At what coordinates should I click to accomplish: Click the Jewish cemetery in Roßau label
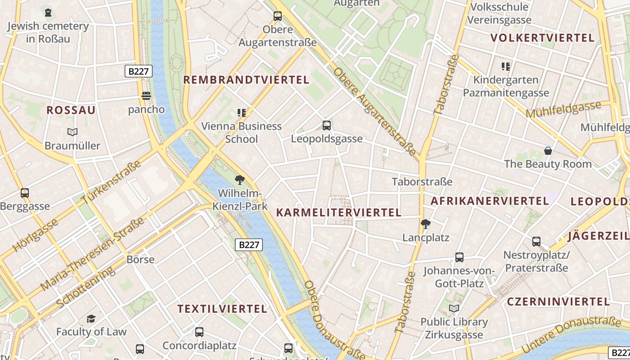tap(48, 32)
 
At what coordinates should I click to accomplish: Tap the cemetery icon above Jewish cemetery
tap(48, 12)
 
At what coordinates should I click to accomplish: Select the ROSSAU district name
tap(71, 110)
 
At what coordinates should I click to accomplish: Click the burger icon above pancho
tap(146, 95)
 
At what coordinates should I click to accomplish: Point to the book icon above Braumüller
tap(72, 132)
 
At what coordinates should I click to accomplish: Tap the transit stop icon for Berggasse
tap(25, 193)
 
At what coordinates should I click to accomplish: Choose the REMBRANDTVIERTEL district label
tap(246, 80)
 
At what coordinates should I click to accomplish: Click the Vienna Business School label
tap(241, 132)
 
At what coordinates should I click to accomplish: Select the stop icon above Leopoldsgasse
tap(327, 126)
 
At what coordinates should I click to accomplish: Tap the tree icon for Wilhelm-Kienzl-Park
tap(240, 180)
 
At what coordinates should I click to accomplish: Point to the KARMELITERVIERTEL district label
tap(338, 212)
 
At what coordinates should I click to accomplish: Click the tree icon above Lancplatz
tap(425, 224)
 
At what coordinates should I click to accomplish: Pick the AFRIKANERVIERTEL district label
tap(490, 201)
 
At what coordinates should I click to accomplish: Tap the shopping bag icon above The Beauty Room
tap(548, 151)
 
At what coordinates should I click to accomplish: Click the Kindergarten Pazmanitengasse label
tap(506, 86)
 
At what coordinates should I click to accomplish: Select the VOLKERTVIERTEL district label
tap(543, 38)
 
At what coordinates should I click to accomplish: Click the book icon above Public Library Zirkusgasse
tap(454, 308)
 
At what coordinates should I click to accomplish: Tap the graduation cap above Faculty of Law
tap(91, 319)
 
